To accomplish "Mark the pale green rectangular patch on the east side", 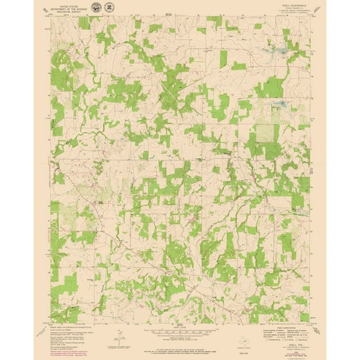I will click(x=267, y=131).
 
